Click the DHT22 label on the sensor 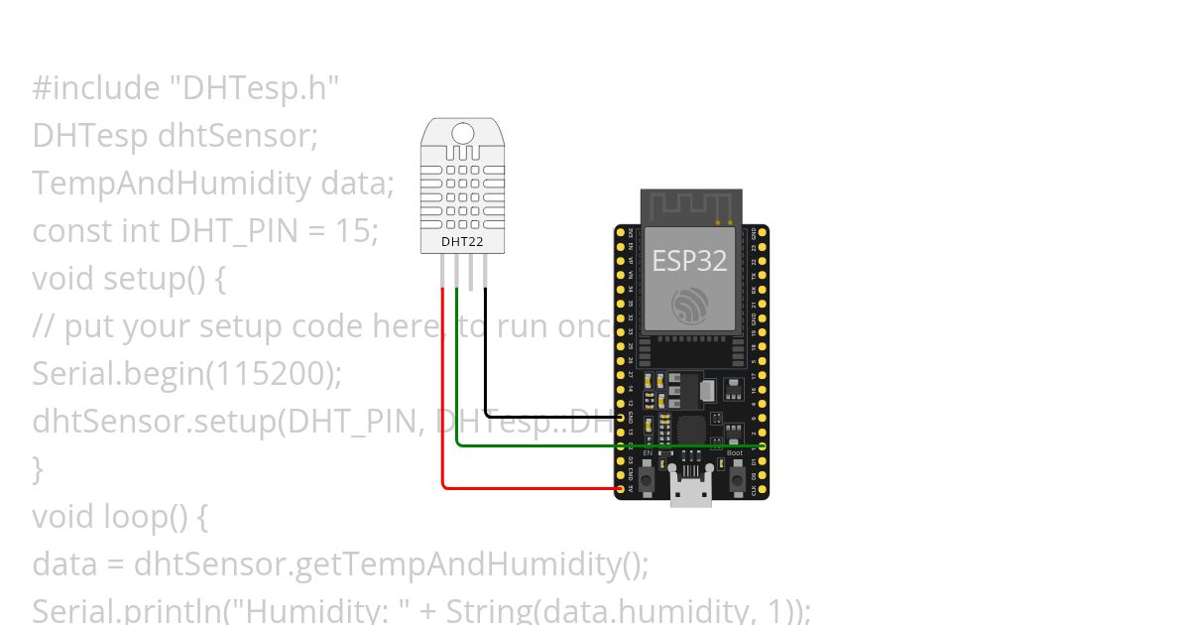coord(456,241)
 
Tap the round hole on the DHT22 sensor coord(463,133)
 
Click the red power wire coord(443,397)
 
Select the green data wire coord(535,445)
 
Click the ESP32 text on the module coord(689,261)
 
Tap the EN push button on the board coord(648,479)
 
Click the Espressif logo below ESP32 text coord(689,305)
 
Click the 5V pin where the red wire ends coord(622,489)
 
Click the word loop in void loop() coord(134,517)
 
